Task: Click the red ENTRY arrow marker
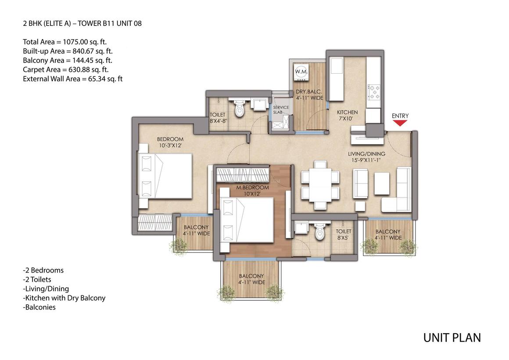point(400,123)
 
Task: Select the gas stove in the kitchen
point(374,92)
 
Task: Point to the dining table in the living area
point(320,184)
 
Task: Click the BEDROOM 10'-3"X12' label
point(170,142)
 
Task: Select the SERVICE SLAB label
point(281,109)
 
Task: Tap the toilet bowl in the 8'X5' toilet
point(320,232)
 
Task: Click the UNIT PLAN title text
point(452,338)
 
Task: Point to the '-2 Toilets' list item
point(37,279)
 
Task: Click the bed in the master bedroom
point(247,220)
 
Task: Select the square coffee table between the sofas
point(381,184)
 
